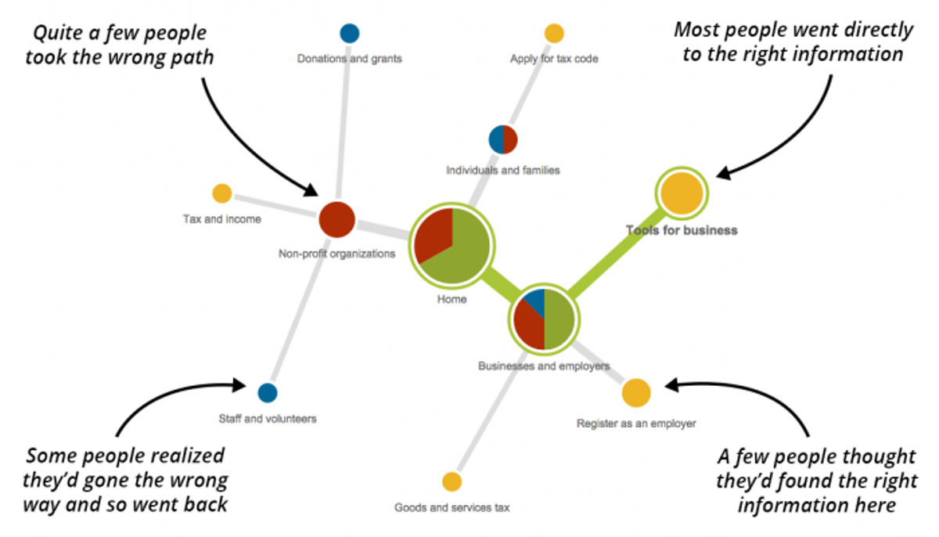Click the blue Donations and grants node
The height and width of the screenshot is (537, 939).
pyautogui.click(x=350, y=34)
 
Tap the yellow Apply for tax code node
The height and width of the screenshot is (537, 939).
pyautogui.click(x=554, y=34)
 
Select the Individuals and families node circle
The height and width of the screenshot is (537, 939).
pyautogui.click(x=503, y=139)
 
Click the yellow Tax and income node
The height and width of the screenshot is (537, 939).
pyautogui.click(x=222, y=193)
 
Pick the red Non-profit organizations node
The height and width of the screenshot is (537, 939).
pyautogui.click(x=337, y=219)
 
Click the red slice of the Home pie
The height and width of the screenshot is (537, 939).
pyautogui.click(x=433, y=236)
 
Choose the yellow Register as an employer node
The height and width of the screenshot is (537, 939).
pyautogui.click(x=636, y=392)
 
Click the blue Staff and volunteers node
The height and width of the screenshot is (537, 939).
pyautogui.click(x=267, y=392)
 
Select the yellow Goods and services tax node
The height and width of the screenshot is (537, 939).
pyautogui.click(x=452, y=481)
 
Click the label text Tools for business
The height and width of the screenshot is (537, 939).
pyautogui.click(x=682, y=230)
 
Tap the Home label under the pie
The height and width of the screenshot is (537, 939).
pyautogui.click(x=452, y=299)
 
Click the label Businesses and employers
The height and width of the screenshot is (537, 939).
pyautogui.click(x=544, y=366)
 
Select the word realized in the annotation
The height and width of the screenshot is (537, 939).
pyautogui.click(x=176, y=456)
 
